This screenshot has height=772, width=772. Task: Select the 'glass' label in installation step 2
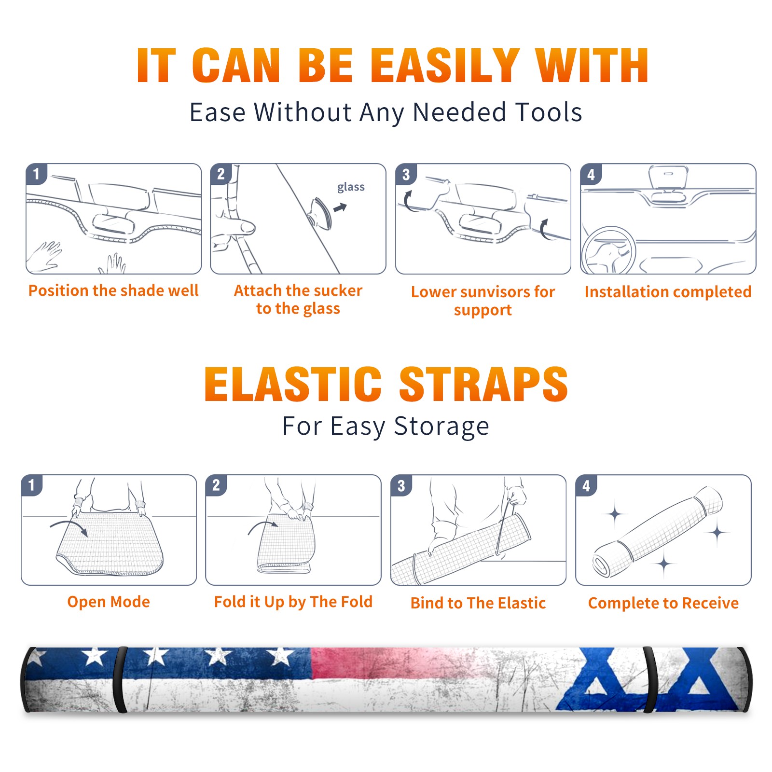(351, 187)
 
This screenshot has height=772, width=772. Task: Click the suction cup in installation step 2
(320, 213)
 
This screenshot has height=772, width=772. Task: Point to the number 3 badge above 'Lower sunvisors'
(406, 174)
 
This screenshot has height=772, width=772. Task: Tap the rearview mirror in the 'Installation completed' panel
(668, 178)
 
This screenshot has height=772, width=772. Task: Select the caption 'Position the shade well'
(113, 290)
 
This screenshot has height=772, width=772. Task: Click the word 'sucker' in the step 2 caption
(337, 290)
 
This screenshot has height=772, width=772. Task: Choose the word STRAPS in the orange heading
(483, 384)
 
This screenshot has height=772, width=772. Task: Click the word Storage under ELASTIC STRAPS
(441, 427)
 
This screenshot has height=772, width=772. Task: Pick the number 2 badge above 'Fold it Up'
(216, 485)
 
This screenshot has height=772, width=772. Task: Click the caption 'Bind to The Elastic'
(478, 603)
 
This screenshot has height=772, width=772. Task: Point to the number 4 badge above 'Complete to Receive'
(586, 485)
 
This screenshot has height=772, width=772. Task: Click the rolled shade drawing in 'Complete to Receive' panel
(658, 532)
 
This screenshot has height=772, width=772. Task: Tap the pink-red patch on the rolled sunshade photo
(367, 663)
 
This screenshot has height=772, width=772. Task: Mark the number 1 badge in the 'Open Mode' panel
(32, 485)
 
